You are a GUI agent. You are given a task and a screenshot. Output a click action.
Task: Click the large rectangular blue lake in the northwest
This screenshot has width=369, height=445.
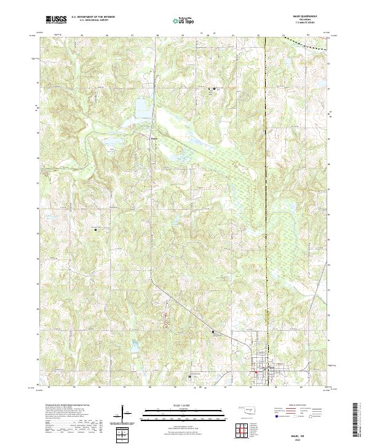pos(143,108)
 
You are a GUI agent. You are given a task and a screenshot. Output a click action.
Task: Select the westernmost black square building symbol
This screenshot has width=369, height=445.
pos(96,230)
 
